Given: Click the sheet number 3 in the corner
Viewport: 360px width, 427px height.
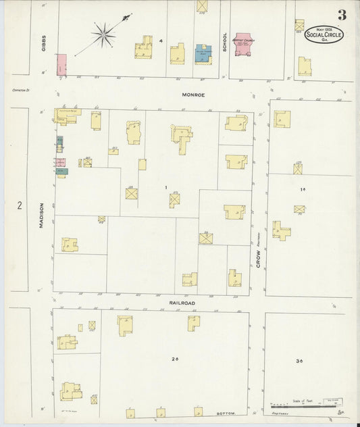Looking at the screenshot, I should tap(342, 14).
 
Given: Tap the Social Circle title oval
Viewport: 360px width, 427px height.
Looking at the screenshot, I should tap(324, 34).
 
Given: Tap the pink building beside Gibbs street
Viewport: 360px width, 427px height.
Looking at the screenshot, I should tap(61, 64).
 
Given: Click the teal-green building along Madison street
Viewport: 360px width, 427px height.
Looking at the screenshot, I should tap(61, 172).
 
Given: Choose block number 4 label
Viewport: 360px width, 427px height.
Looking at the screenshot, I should tap(160, 41).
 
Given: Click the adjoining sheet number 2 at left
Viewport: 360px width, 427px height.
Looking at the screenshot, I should tap(20, 205).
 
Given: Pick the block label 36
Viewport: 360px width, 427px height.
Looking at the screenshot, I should tap(299, 361).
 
